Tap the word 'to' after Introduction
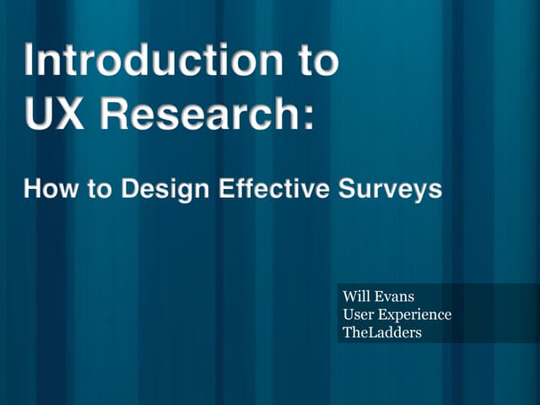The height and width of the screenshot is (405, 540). (x=312, y=62)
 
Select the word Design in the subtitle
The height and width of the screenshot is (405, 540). (x=165, y=189)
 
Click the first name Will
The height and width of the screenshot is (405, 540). (x=355, y=297)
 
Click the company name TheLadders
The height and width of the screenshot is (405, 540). (x=381, y=332)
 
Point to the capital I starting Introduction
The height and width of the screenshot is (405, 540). (x=30, y=62)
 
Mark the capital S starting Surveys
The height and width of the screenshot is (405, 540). (x=348, y=189)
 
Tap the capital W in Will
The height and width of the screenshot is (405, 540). (x=348, y=297)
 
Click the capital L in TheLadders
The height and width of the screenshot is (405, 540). (x=368, y=332)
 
